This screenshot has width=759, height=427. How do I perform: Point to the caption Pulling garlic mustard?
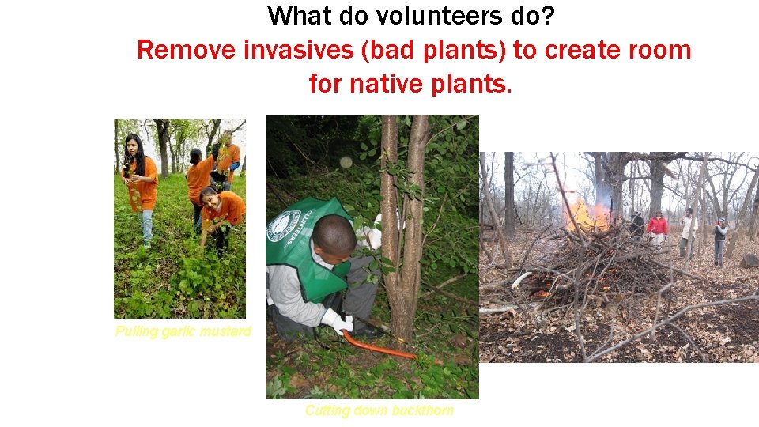point(183,331)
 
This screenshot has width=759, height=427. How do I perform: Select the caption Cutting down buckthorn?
point(379,410)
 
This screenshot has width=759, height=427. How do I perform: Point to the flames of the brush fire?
point(586,213)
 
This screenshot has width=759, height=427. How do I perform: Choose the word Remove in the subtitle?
point(187,50)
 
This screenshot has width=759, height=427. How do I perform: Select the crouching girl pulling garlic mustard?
point(221,213)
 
